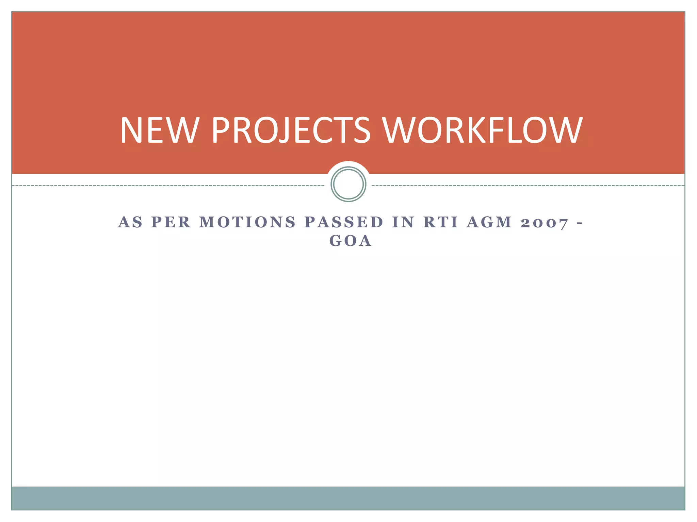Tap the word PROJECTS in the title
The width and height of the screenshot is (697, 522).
(291, 130)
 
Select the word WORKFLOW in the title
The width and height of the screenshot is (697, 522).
(483, 130)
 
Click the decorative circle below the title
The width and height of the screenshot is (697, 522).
(348, 184)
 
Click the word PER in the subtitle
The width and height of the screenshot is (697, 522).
(171, 222)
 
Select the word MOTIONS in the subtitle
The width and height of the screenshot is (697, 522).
(248, 222)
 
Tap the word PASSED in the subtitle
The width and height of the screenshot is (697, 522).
(344, 222)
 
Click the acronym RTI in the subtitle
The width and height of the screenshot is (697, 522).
(441, 222)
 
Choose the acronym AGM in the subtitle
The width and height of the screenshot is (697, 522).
(489, 222)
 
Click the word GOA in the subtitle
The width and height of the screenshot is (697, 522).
(351, 241)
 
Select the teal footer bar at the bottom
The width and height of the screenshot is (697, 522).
(348, 498)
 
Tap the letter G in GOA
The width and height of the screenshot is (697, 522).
(336, 241)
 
